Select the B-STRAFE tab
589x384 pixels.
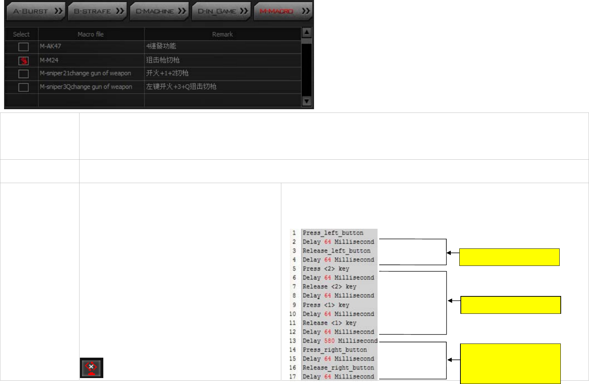pos(98,11)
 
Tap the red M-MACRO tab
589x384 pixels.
pos(284,11)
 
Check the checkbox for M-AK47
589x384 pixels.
pos(23,47)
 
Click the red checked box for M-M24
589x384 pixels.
pos(23,61)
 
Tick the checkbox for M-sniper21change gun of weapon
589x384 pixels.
pos(23,74)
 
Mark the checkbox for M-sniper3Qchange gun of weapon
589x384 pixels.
pos(23,87)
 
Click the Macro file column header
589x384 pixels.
pos(91,34)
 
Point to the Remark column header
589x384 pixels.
pos(222,34)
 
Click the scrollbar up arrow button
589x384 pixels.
pos(307,33)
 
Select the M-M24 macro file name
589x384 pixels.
pos(49,60)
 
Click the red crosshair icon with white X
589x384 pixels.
pos(91,368)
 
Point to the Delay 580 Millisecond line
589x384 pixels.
pos(340,341)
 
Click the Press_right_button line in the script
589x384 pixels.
pos(334,350)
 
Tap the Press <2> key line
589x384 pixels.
pos(326,269)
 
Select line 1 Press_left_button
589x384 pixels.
pos(333,233)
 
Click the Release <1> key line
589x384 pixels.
pos(329,323)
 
